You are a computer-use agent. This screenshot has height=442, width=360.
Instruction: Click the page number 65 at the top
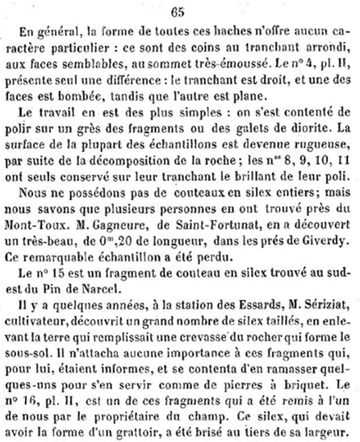[179, 10]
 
